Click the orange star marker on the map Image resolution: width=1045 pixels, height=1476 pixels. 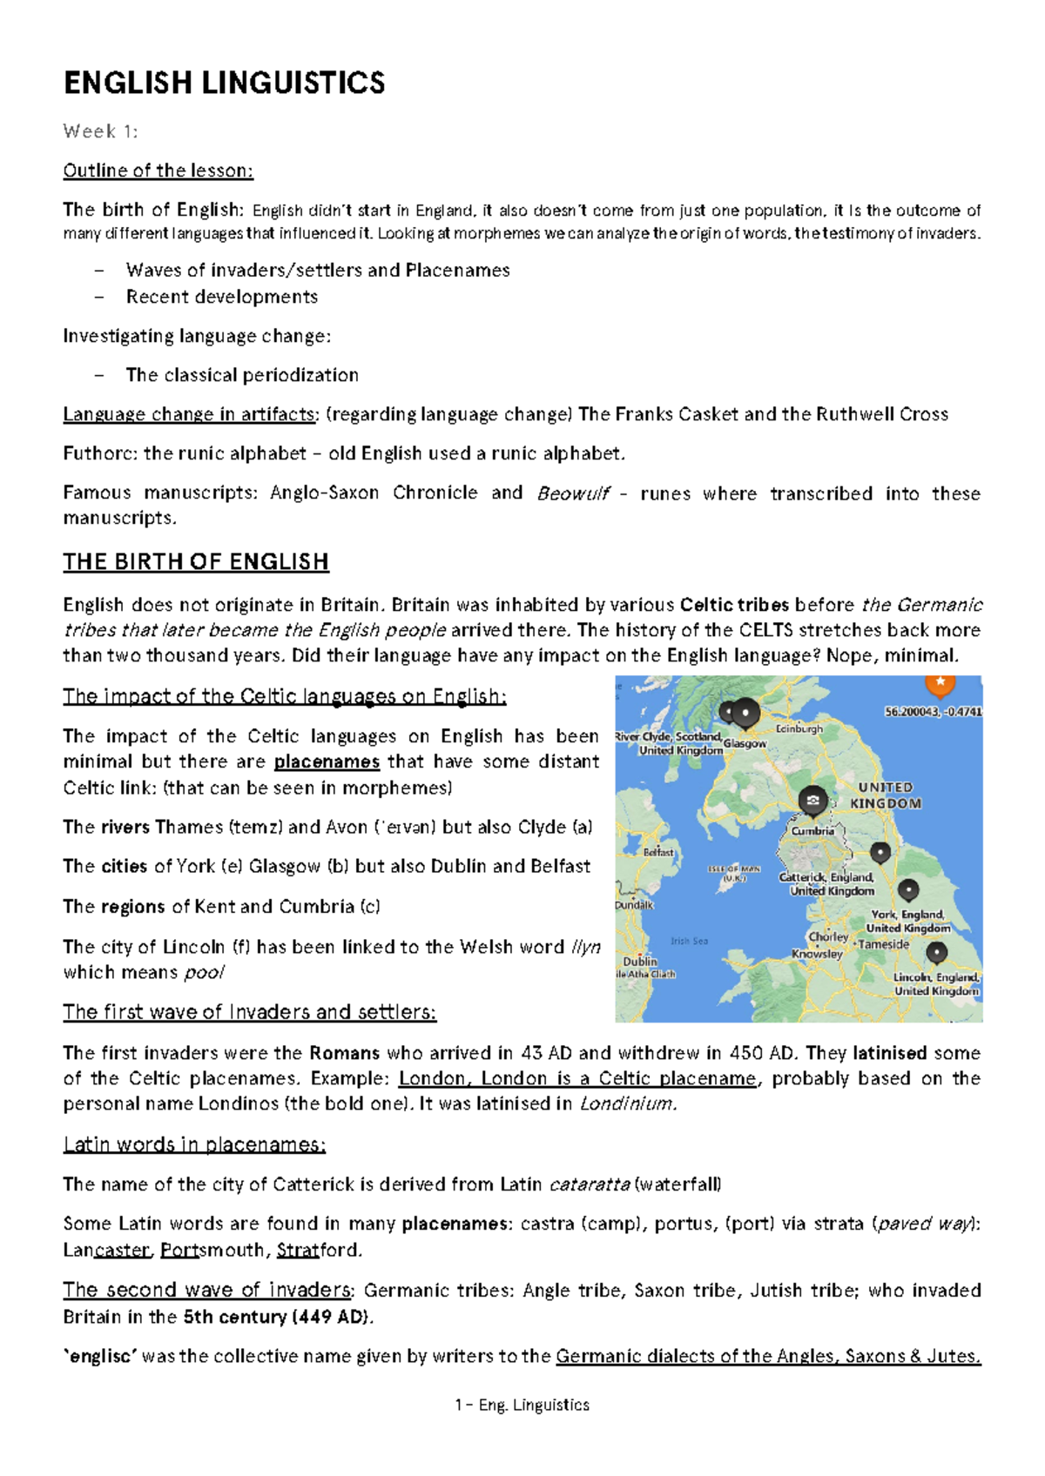pyautogui.click(x=940, y=683)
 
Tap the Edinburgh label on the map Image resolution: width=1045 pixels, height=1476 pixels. pyautogui.click(x=799, y=728)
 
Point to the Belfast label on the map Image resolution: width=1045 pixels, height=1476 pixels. pyautogui.click(x=658, y=852)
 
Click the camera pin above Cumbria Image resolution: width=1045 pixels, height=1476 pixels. pyautogui.click(x=812, y=800)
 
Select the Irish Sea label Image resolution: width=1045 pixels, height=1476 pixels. pyautogui.click(x=689, y=941)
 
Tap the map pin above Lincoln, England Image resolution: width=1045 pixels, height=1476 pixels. pyautogui.click(x=936, y=953)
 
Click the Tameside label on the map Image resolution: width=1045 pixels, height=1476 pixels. pyautogui.click(x=884, y=944)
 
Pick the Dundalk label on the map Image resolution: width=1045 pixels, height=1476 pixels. pyautogui.click(x=634, y=905)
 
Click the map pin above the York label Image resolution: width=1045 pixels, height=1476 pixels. pyautogui.click(x=908, y=889)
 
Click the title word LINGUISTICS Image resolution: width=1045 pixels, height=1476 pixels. pyautogui.click(x=293, y=84)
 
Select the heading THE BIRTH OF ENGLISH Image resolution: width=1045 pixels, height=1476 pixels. pyautogui.click(x=196, y=562)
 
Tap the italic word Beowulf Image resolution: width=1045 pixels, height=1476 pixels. pyautogui.click(x=573, y=493)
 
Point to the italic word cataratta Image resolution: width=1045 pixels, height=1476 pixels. pyautogui.click(x=590, y=1184)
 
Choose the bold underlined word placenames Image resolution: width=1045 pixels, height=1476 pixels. pyautogui.click(x=327, y=761)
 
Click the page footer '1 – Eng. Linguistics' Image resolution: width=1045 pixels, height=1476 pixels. pyautogui.click(x=522, y=1405)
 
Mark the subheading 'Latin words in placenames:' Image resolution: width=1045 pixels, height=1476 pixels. pyautogui.click(x=194, y=1144)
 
